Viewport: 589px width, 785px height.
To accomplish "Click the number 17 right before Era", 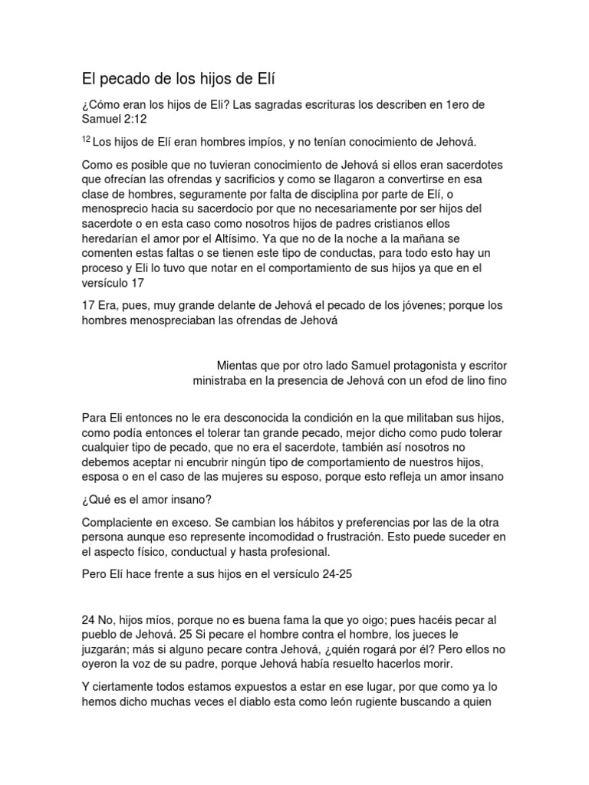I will (x=89, y=306).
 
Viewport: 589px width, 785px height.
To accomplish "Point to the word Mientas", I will (x=243, y=365).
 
